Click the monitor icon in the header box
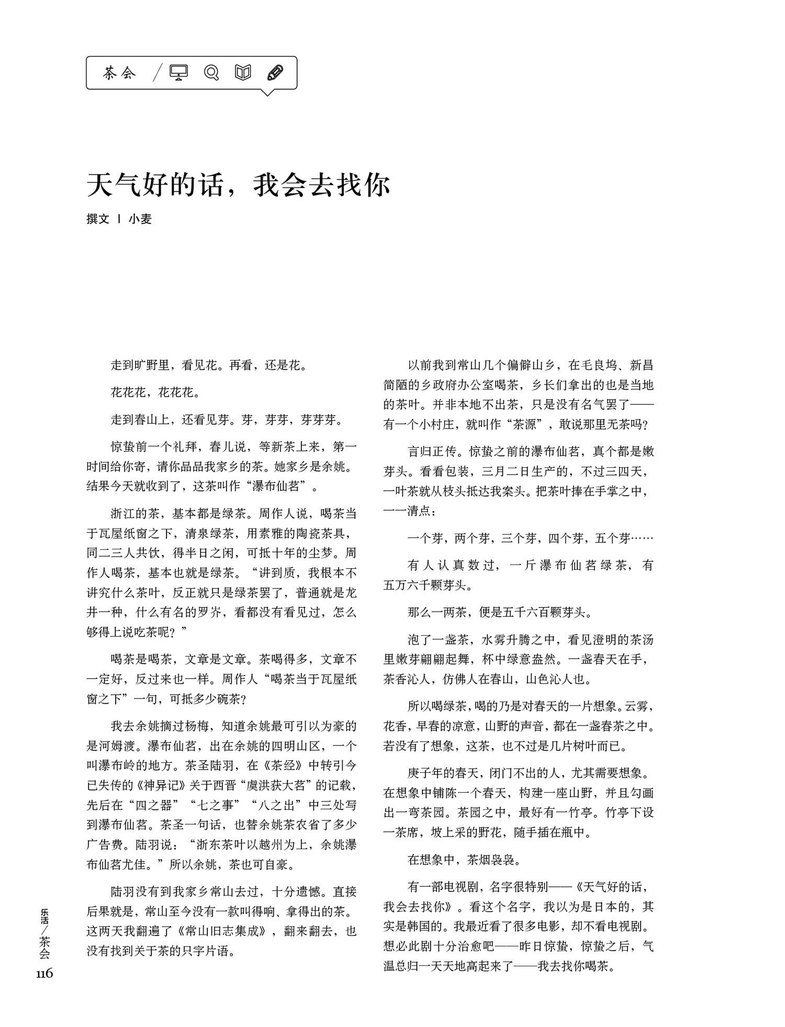(x=178, y=73)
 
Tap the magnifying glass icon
(x=211, y=73)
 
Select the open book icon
(x=243, y=73)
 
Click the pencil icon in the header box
(x=275, y=73)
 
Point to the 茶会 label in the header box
(x=119, y=73)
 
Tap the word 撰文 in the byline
(x=98, y=219)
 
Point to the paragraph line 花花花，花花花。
(x=155, y=392)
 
